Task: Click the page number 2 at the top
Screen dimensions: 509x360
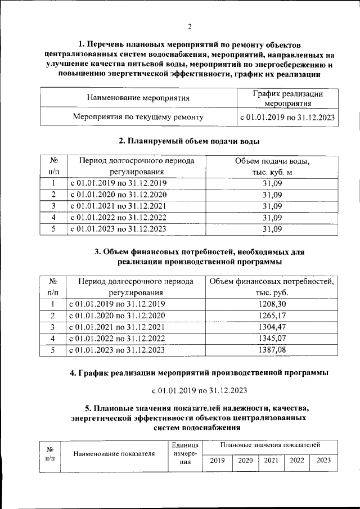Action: coord(190,26)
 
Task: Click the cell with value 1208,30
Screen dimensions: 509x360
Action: coord(273,304)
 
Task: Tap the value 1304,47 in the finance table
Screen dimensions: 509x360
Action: coord(273,327)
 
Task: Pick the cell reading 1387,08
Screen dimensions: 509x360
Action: coord(273,350)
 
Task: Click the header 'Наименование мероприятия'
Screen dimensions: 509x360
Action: coord(138,98)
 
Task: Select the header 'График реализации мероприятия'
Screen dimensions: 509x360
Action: coord(287,98)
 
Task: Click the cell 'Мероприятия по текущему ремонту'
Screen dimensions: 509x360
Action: coord(138,117)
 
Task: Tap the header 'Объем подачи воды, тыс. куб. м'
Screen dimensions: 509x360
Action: coord(273,166)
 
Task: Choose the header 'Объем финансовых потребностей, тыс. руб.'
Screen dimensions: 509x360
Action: coord(273,287)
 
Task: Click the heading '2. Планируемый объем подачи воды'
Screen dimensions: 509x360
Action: coord(189,141)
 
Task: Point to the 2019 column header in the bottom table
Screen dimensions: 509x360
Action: coord(217,460)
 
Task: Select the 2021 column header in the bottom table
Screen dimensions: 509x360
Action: coord(271,460)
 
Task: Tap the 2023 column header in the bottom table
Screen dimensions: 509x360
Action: coord(324,460)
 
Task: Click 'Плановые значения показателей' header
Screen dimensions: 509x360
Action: coord(271,445)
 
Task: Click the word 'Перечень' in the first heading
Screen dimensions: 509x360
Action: coord(108,44)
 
